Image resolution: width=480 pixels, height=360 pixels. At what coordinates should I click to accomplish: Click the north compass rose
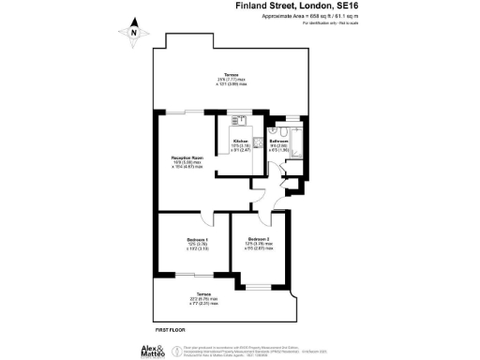134,33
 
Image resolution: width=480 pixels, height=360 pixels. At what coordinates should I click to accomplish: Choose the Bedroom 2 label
260,243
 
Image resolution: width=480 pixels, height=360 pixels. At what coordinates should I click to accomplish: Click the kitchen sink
239,120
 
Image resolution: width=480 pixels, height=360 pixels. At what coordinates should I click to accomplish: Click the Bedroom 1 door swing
209,219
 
